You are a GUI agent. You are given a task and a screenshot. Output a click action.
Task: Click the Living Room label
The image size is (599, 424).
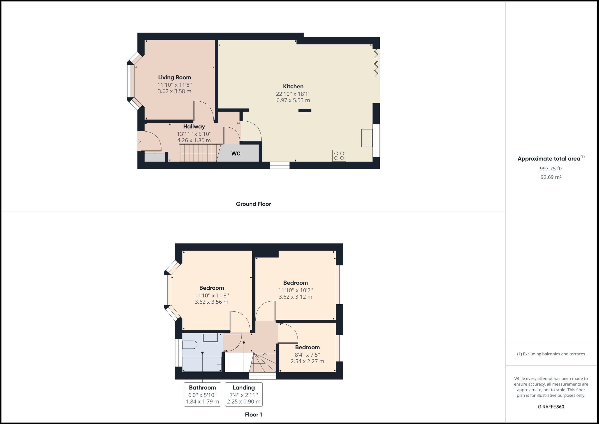tap(174, 77)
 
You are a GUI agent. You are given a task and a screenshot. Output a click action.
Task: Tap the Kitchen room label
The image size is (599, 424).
tap(293, 86)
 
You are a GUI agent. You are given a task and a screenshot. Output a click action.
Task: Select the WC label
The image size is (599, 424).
tap(236, 154)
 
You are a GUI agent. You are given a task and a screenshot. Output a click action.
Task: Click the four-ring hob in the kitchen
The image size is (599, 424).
tap(339, 156)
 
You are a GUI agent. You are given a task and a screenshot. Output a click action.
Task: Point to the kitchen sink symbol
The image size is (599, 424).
tap(367, 138)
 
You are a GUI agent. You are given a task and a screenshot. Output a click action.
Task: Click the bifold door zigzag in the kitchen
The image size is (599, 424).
tap(376, 63)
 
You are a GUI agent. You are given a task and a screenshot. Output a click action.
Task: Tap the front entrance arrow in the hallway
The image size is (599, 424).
tap(139, 141)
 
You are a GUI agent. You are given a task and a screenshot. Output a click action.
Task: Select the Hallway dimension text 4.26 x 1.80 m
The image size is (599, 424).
tap(194, 140)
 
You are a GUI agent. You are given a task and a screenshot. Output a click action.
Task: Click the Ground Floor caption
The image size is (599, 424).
tap(253, 204)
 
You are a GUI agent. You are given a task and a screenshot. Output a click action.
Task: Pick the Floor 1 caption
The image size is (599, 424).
tap(253, 414)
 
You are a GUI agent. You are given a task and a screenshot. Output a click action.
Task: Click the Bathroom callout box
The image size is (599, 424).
tap(202, 394)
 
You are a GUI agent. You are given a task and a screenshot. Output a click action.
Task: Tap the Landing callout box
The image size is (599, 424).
tap(243, 394)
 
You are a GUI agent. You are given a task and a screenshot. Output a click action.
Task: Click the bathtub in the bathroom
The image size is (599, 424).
tap(202, 365)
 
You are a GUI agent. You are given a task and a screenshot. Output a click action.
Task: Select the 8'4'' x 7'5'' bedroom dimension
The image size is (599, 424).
tap(307, 355)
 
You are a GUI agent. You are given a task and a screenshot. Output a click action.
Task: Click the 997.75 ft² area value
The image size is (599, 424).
tap(551, 169)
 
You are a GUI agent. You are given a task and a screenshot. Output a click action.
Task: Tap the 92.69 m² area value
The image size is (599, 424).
tap(551, 177)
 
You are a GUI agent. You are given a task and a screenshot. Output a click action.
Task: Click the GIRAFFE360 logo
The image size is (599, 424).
tap(551, 407)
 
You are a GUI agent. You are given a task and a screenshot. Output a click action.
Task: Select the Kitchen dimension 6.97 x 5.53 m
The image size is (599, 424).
tap(293, 100)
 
